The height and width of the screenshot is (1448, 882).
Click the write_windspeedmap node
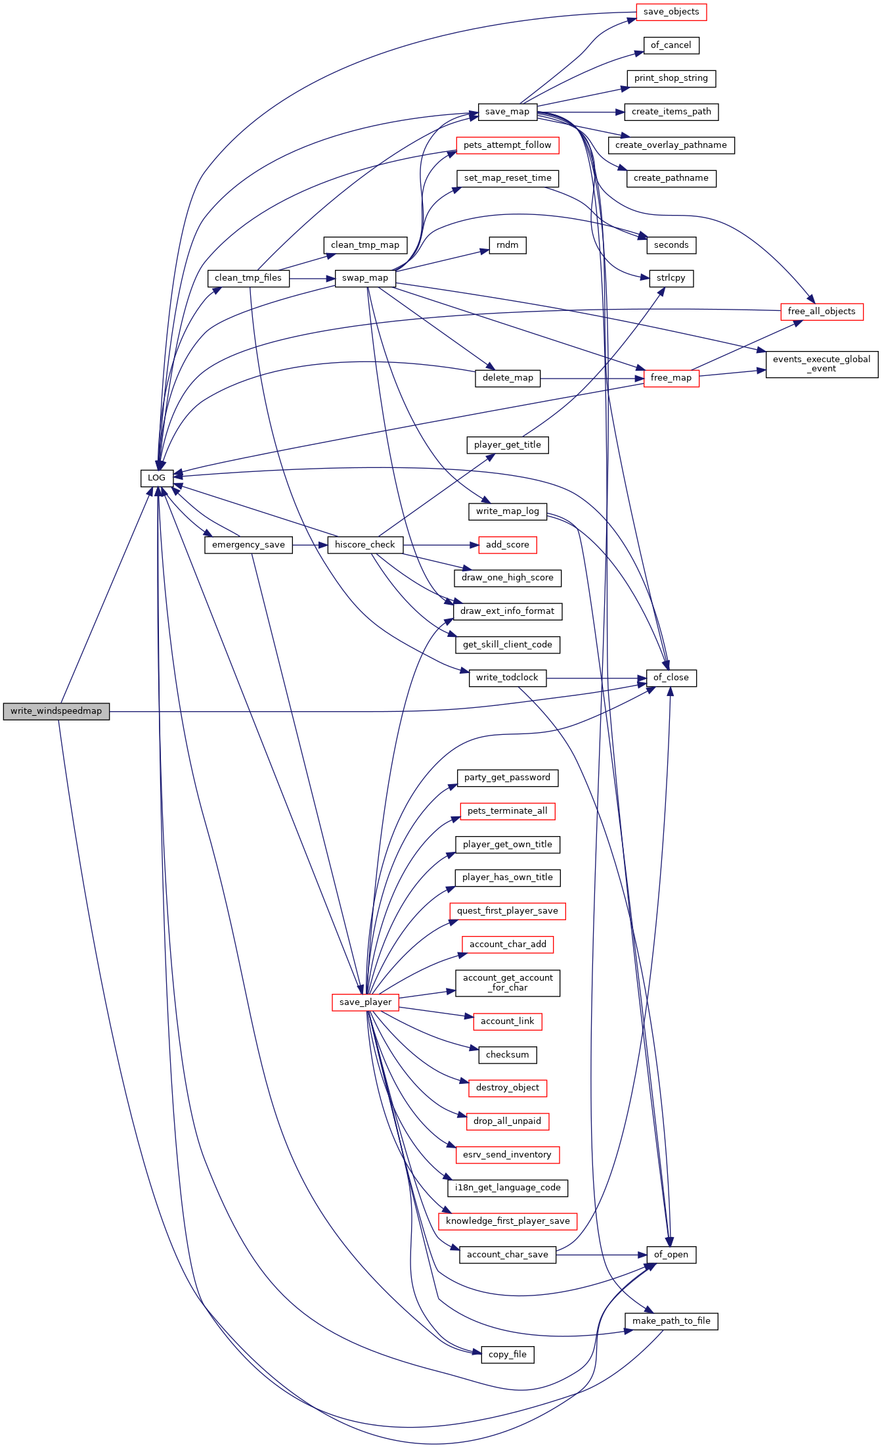pyautogui.click(x=56, y=711)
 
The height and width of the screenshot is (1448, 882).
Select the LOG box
pyautogui.click(x=156, y=478)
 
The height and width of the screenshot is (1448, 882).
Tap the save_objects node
pyautogui.click(x=671, y=12)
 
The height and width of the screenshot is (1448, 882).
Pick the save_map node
pyautogui.click(x=507, y=112)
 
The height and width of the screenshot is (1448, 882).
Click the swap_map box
pyautogui.click(x=364, y=278)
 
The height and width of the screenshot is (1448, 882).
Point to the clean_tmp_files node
pyautogui.click(x=248, y=278)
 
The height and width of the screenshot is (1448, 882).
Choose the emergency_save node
pyautogui.click(x=248, y=545)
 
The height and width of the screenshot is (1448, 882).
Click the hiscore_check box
pyautogui.click(x=364, y=545)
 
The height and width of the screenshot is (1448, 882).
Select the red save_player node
pyautogui.click(x=365, y=1002)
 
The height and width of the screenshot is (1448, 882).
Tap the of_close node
pyautogui.click(x=671, y=678)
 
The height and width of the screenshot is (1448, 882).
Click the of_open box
pyautogui.click(x=671, y=1255)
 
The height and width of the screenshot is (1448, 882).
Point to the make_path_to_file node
pyautogui.click(x=671, y=1321)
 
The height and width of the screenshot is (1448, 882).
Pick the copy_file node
pyautogui.click(x=507, y=1355)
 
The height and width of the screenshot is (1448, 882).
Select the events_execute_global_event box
pyautogui.click(x=821, y=364)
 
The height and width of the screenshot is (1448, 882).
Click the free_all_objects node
pyautogui.click(x=821, y=312)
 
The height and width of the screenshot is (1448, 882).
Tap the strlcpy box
pyautogui.click(x=671, y=278)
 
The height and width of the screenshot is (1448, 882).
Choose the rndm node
pyautogui.click(x=507, y=245)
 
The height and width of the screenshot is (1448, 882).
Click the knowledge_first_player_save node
pyautogui.click(x=507, y=1221)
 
